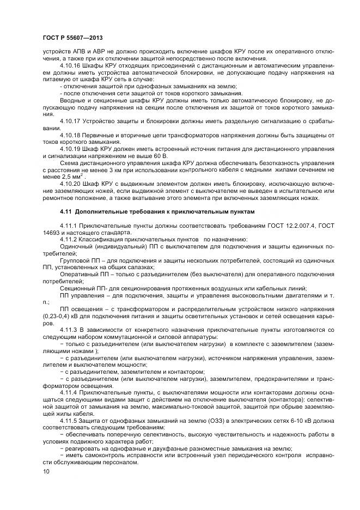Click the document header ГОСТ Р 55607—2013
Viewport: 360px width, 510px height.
72,37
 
